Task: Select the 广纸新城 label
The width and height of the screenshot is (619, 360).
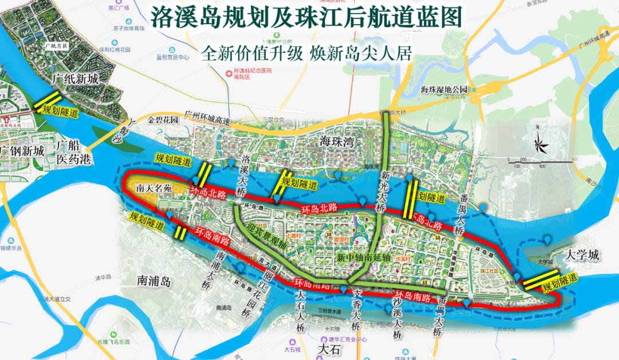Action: click(75, 79)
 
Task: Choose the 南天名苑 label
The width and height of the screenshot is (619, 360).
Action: click(155, 188)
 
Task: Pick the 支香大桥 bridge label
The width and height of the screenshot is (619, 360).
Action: click(357, 310)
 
